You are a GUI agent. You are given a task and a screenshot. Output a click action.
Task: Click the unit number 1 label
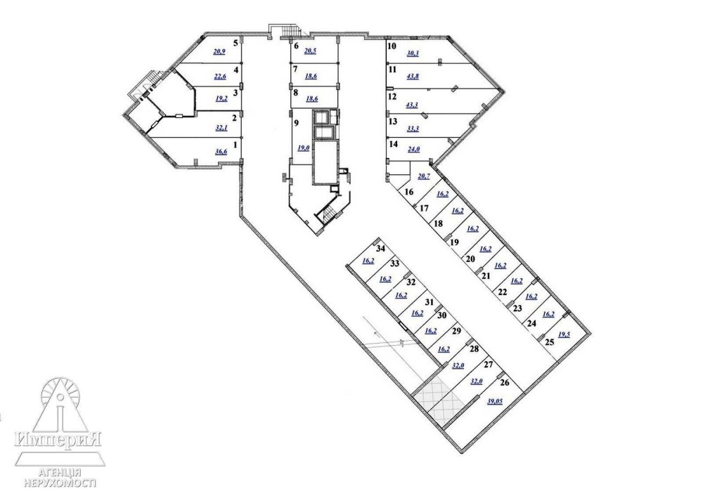[236, 144]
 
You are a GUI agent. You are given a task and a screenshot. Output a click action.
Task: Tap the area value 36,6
[221, 152]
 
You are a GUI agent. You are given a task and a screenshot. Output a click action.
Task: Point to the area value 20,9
[219, 51]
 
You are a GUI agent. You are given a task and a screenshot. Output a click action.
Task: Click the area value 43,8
[413, 76]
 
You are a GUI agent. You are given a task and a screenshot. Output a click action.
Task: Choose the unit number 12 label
[392, 96]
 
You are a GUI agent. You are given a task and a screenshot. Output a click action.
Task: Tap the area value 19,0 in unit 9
[304, 148]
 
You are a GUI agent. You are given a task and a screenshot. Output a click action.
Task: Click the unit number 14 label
[394, 144]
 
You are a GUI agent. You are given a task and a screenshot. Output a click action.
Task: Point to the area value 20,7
[424, 176]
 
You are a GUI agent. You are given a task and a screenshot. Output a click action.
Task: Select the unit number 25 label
[549, 342]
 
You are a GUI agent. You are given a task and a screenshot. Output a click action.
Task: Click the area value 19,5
[564, 334]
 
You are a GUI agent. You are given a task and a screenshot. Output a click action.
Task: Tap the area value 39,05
[494, 402]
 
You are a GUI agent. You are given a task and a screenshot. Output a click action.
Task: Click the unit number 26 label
[504, 383]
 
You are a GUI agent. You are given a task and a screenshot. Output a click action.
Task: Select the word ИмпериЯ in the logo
[58, 438]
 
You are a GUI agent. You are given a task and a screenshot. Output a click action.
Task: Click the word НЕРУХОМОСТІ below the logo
[60, 483]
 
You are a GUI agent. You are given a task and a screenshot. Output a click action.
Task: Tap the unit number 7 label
[295, 69]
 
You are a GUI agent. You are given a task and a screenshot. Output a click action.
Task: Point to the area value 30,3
[413, 53]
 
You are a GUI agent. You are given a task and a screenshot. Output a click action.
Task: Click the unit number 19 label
[455, 242]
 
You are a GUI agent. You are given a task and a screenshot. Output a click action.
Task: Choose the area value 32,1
[221, 127]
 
